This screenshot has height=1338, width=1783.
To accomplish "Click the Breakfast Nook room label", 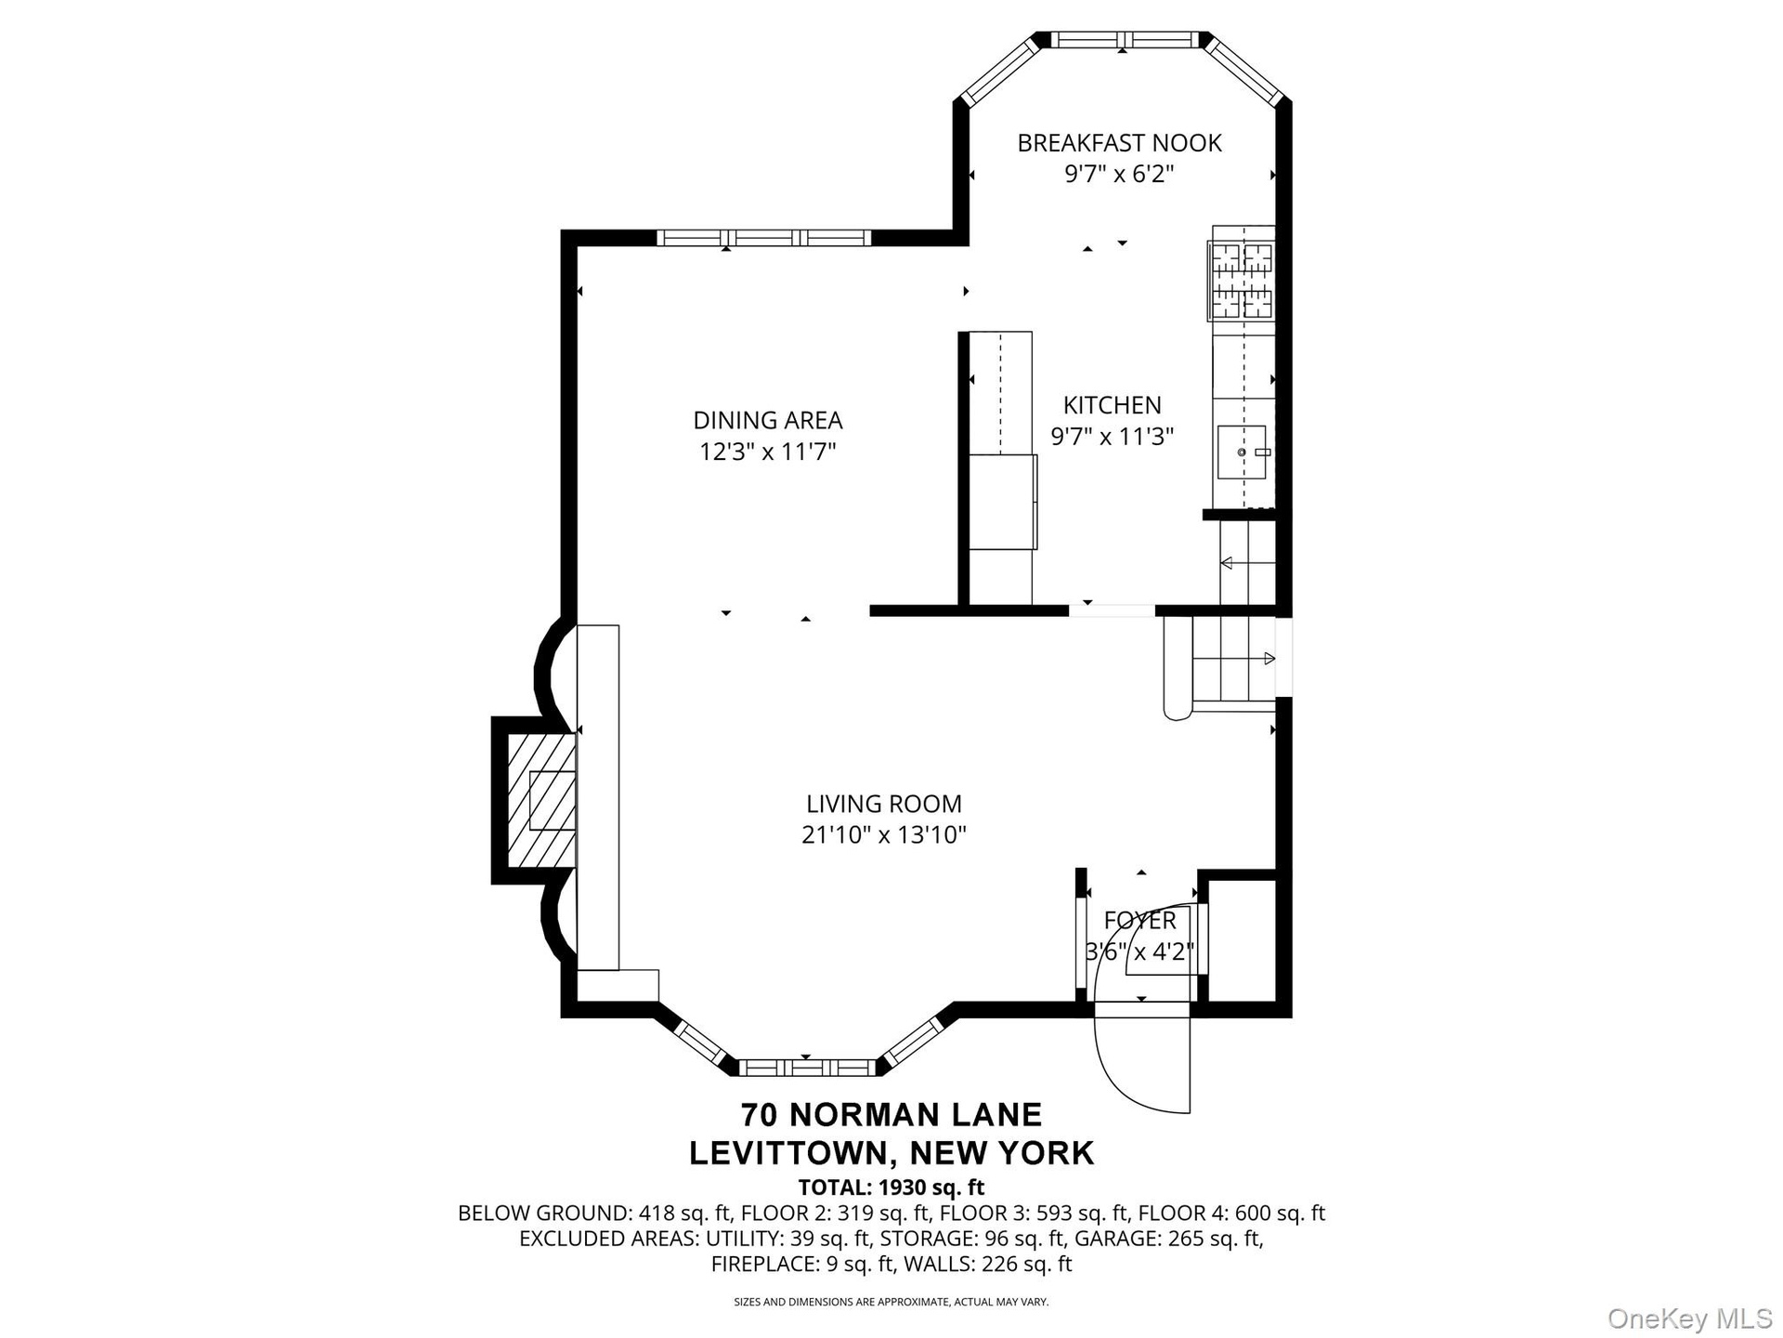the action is click(x=1119, y=143).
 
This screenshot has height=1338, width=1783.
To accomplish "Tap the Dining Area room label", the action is click(x=768, y=420).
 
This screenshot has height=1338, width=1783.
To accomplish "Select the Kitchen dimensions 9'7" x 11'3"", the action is click(x=1113, y=436).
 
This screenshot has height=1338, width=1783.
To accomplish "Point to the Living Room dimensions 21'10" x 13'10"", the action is click(x=884, y=834).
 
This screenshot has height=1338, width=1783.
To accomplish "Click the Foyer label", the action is click(x=1139, y=920).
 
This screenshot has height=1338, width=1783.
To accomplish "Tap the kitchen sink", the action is click(x=1242, y=453).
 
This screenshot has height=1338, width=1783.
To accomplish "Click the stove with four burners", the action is click(x=1242, y=280).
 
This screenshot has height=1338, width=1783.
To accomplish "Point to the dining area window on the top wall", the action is click(x=764, y=238).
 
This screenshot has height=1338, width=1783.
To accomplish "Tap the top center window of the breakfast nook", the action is click(x=1124, y=39).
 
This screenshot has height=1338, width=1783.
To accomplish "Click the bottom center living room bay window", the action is click(x=806, y=1067).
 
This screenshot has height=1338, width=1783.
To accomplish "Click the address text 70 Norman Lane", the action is click(x=891, y=1113).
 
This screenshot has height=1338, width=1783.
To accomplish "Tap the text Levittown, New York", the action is click(x=891, y=1153).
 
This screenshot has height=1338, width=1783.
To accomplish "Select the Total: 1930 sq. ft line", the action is click(x=891, y=1187).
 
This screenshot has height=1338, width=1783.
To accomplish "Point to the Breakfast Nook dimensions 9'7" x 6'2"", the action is click(x=1119, y=174).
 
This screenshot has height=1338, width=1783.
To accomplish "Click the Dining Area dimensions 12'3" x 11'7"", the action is click(x=768, y=452).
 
